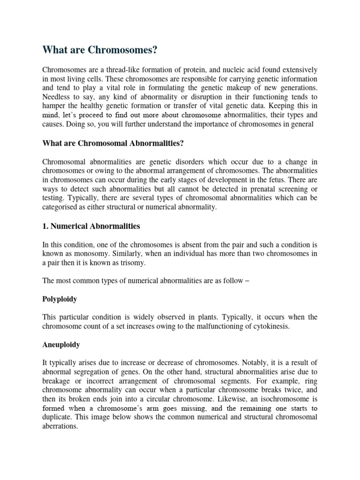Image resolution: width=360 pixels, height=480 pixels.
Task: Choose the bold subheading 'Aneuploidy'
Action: click(61, 345)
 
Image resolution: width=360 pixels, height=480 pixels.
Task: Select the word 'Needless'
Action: click(55, 97)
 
